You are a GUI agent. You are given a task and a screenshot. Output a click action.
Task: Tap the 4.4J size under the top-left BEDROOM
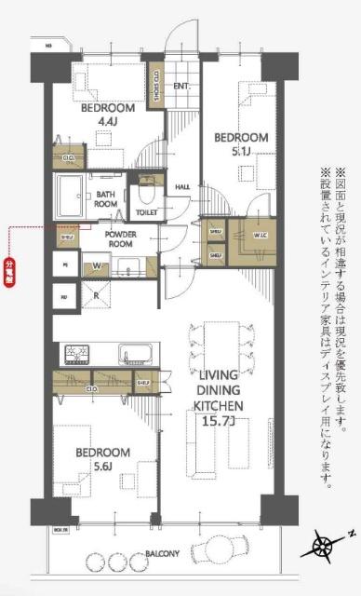click(109, 120)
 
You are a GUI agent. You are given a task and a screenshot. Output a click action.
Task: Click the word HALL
click(182, 187)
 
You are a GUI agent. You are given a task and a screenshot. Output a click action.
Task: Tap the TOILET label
click(146, 212)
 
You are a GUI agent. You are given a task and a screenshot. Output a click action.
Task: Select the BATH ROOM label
click(106, 197)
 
